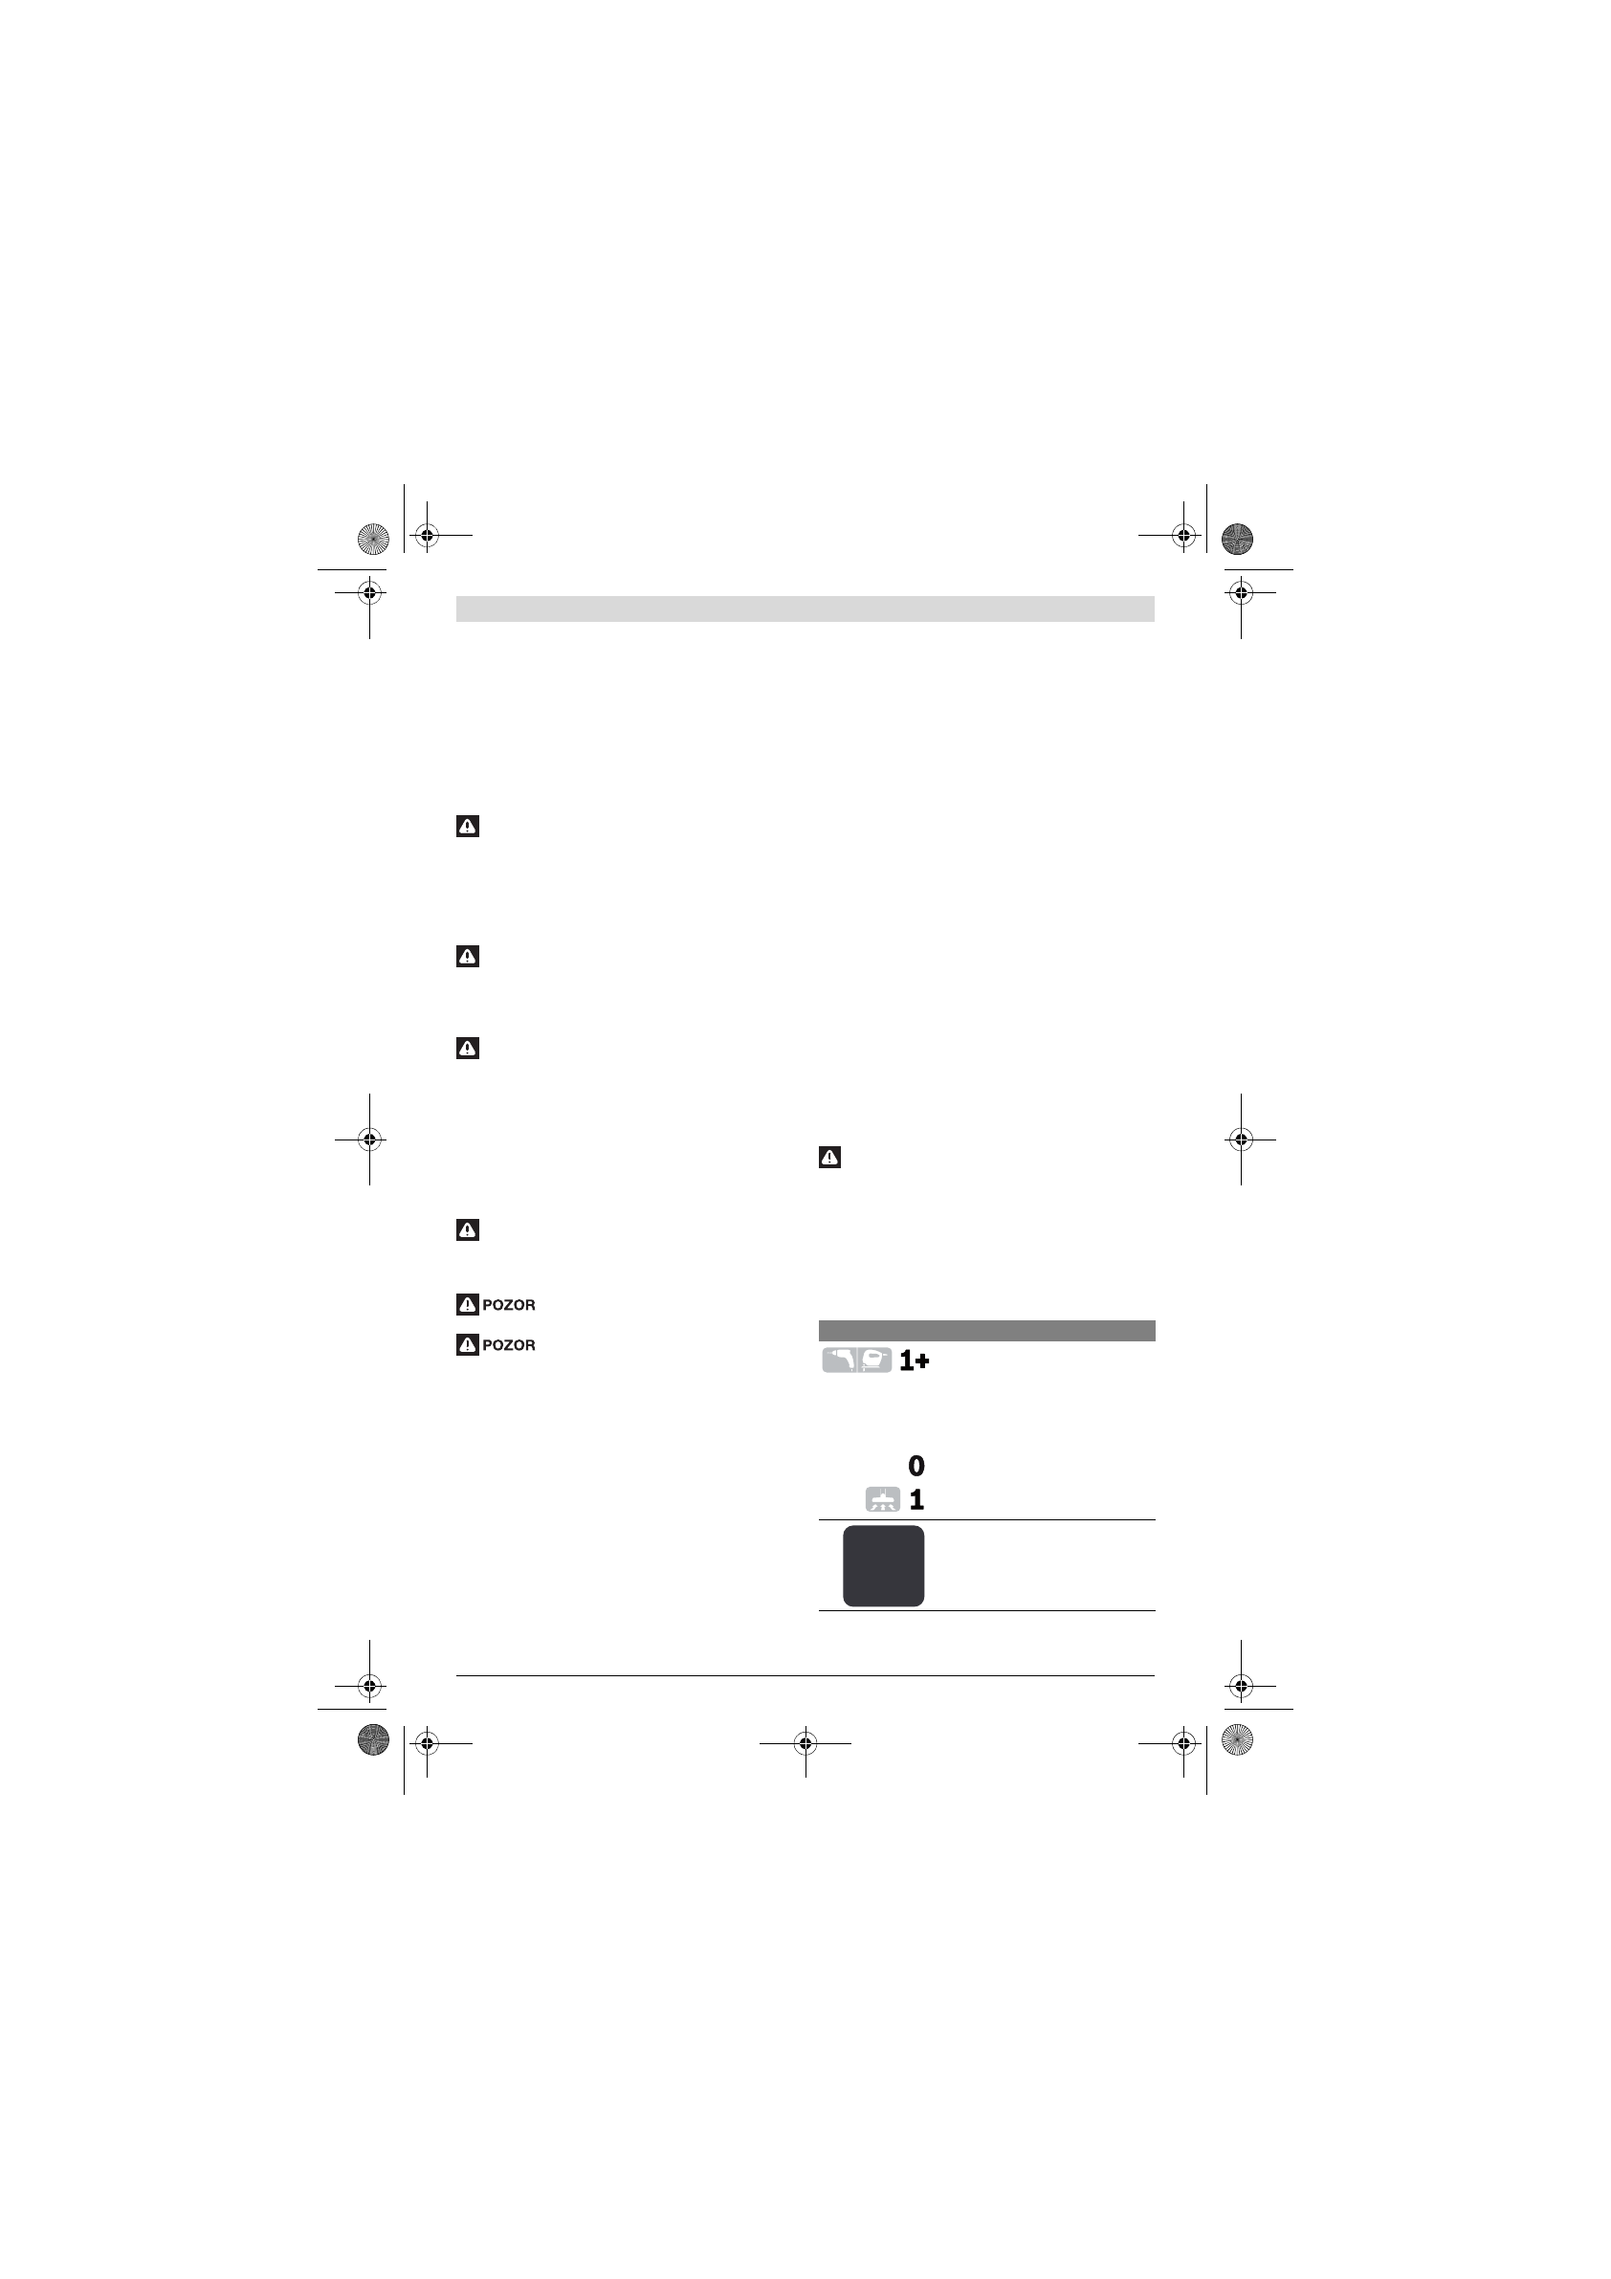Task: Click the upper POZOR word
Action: (508, 1305)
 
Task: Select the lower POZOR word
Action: (508, 1345)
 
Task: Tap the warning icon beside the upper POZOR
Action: (468, 1304)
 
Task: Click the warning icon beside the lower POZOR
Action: (468, 1345)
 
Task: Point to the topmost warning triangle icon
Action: (468, 826)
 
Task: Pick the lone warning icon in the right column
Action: (829, 1158)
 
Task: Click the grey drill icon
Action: (839, 1360)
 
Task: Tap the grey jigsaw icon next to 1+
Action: (874, 1360)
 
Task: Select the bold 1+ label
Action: (915, 1361)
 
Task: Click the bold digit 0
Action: (916, 1465)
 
